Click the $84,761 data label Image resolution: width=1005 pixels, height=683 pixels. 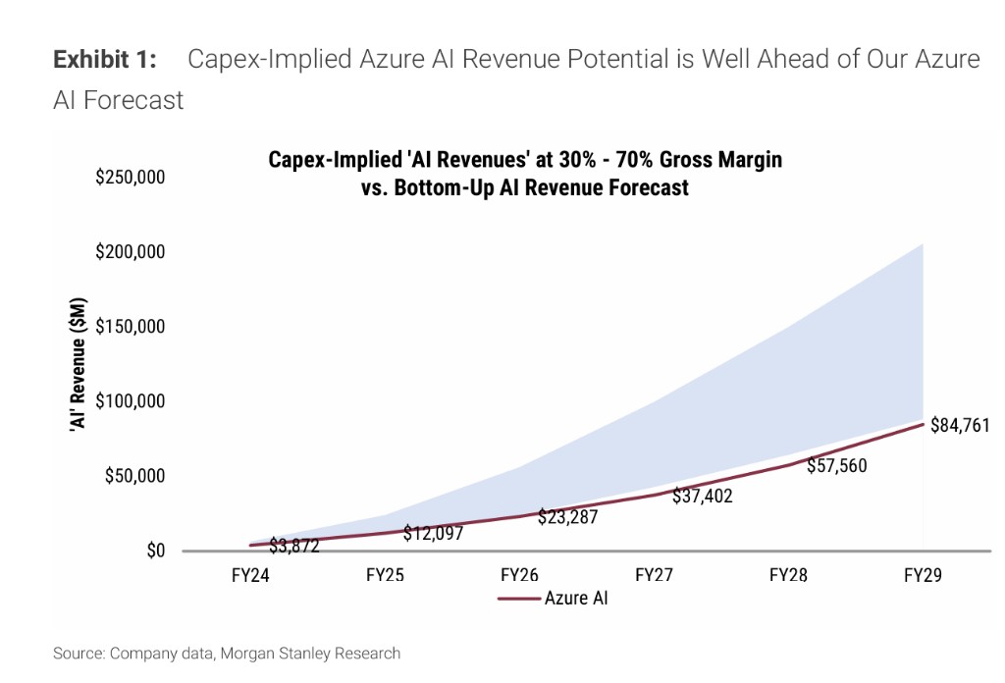pyautogui.click(x=960, y=426)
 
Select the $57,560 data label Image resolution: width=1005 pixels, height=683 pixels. pyautogui.click(x=836, y=465)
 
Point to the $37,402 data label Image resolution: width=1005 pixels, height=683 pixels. pyautogui.click(x=702, y=497)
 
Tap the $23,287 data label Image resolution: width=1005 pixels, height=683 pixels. pyautogui.click(x=567, y=517)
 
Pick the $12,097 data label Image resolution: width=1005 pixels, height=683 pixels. pyautogui.click(x=433, y=534)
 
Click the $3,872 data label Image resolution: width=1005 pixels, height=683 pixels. pyautogui.click(x=294, y=546)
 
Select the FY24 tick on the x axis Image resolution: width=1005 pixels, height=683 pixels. pyautogui.click(x=252, y=575)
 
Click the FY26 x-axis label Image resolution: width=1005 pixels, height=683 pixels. pyautogui.click(x=520, y=575)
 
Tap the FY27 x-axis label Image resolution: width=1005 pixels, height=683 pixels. pyautogui.click(x=654, y=575)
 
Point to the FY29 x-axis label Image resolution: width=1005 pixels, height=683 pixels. pyautogui.click(x=923, y=575)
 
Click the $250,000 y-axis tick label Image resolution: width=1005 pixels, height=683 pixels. pyautogui.click(x=130, y=178)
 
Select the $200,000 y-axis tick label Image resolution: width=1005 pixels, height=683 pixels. pyautogui.click(x=130, y=252)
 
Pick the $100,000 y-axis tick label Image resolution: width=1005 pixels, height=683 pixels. pyautogui.click(x=130, y=401)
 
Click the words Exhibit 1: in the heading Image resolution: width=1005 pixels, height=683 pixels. pyautogui.click(x=105, y=60)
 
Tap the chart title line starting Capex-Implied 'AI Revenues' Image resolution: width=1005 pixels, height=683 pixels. pyautogui.click(x=525, y=159)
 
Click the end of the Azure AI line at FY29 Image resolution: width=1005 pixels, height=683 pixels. pyautogui.click(x=923, y=423)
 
